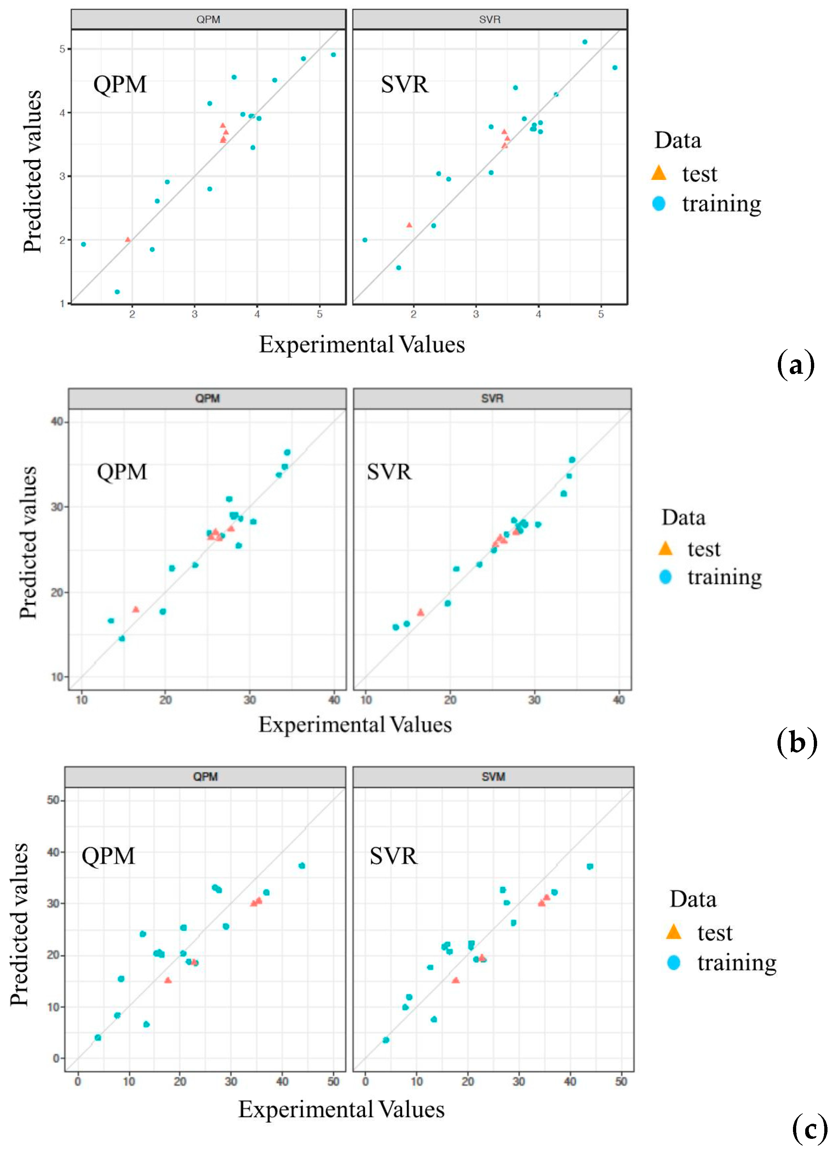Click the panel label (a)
click(x=795, y=364)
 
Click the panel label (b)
click(x=797, y=743)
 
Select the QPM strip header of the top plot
click(x=208, y=19)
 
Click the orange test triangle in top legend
click(x=658, y=173)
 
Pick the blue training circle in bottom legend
click(x=673, y=962)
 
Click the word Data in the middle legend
click(x=683, y=518)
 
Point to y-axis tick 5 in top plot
click(x=62, y=49)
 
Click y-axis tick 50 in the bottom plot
click(x=53, y=800)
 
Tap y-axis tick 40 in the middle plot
click(x=57, y=422)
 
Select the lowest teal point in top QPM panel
click(x=117, y=292)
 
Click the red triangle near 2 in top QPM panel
click(x=127, y=239)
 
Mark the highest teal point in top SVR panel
click(x=585, y=42)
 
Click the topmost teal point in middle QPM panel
click(x=287, y=452)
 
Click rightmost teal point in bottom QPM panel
click(x=302, y=865)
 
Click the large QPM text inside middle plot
click(x=122, y=472)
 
